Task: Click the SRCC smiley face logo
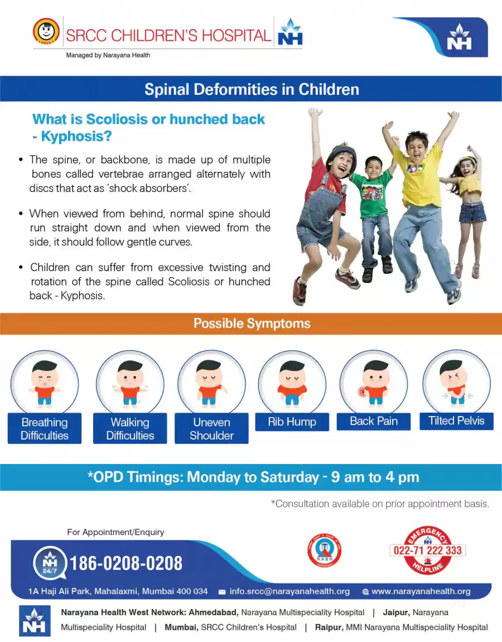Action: coord(46,31)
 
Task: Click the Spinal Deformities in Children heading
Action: coord(252,89)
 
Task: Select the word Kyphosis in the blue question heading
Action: coord(76,136)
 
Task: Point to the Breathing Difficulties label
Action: coord(45,429)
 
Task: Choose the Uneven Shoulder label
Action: coord(212,429)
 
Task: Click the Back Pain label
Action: coord(373,421)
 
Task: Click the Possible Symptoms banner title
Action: coord(252,324)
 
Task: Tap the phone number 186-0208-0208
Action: coord(126,563)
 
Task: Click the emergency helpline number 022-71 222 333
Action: coord(427,551)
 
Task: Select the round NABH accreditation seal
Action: coord(324,551)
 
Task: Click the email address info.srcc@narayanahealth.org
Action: coord(289,591)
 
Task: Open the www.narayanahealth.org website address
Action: coord(421,591)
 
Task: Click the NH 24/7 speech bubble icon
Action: coord(50,563)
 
